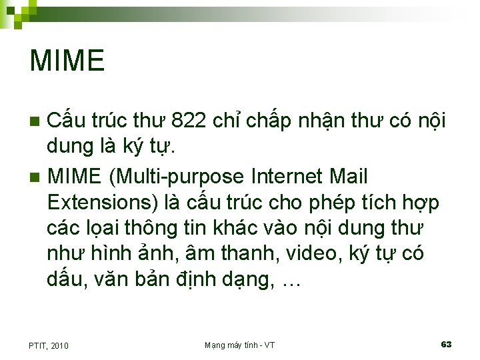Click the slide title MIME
pos(67,61)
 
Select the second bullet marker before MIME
pos(36,177)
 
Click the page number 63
pos(446,344)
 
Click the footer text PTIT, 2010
pos(49,345)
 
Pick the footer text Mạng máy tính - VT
pos(239,345)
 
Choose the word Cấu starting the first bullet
pos(65,121)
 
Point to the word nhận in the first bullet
pos(330,122)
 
